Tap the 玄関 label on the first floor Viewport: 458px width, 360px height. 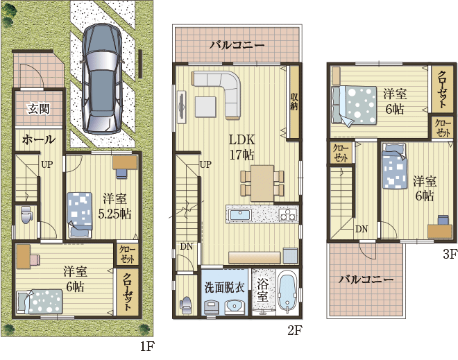pyautogui.click(x=37, y=108)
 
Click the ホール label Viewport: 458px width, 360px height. pyautogui.click(x=38, y=139)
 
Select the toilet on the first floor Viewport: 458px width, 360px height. pyautogui.click(x=26, y=214)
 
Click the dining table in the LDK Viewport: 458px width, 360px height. pyautogui.click(x=262, y=182)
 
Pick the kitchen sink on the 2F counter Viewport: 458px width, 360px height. pyautogui.click(x=239, y=215)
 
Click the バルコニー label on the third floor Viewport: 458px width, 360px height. pyautogui.click(x=366, y=280)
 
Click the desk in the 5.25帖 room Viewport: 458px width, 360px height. pyautogui.click(x=125, y=163)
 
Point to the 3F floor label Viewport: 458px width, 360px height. pyautogui.click(x=450, y=255)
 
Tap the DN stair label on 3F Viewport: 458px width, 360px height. pyautogui.click(x=362, y=229)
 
